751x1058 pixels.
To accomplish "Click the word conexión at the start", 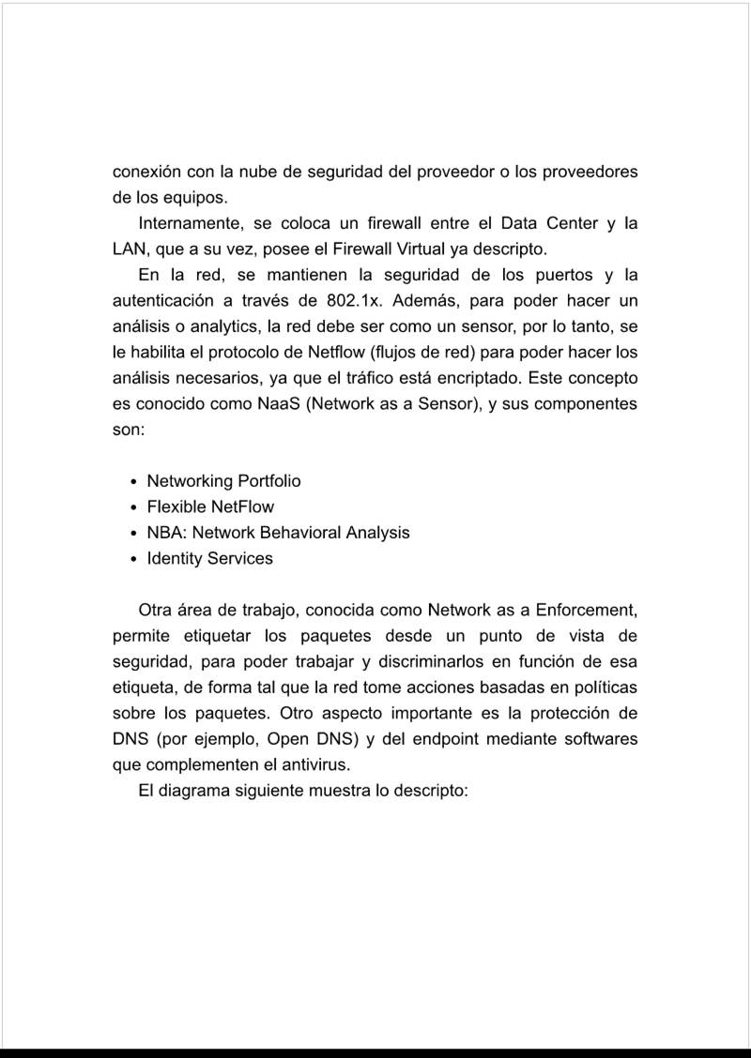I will pyautogui.click(x=146, y=174).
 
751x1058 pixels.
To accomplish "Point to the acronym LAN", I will pyautogui.click(x=130, y=250).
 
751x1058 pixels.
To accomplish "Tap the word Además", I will pyautogui.click(x=429, y=301).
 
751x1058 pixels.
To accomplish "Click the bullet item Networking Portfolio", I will pyautogui.click(x=223, y=481).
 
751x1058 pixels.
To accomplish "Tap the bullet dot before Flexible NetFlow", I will pyautogui.click(x=135, y=507).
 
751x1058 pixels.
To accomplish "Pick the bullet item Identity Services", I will pyautogui.click(x=209, y=559).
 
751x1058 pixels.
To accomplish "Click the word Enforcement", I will pyautogui.click(x=587, y=611).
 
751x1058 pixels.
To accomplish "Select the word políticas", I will pyautogui.click(x=605, y=688).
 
